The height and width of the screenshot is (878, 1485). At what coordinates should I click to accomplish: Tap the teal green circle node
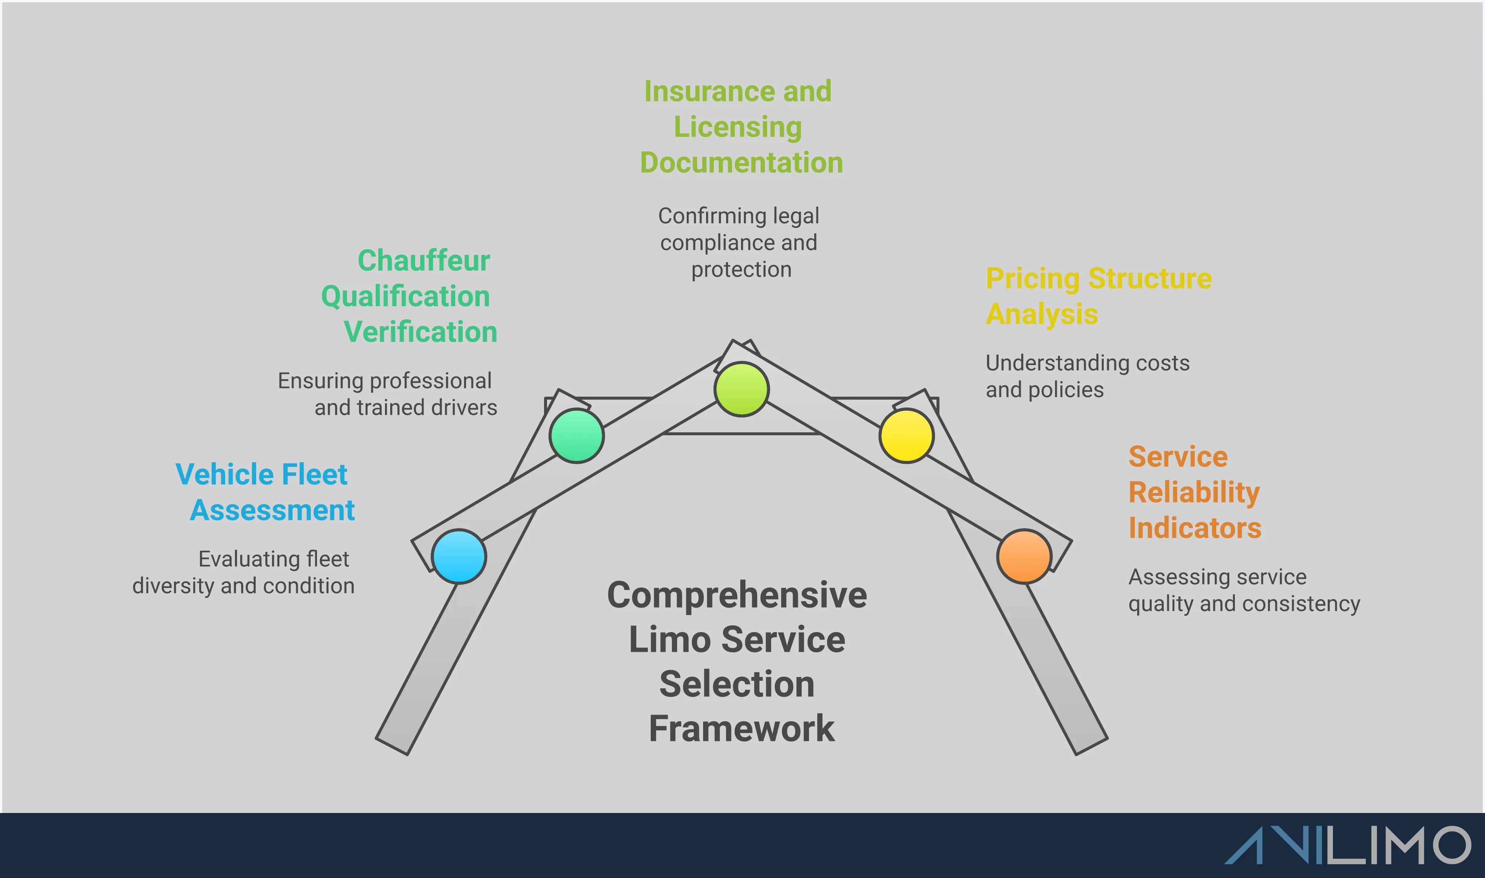pyautogui.click(x=576, y=435)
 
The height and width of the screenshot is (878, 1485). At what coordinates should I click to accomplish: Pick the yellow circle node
pyautogui.click(x=906, y=435)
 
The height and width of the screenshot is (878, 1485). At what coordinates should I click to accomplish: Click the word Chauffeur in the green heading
pyautogui.click(x=424, y=260)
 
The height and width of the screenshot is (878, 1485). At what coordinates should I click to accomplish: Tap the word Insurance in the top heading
pyautogui.click(x=708, y=92)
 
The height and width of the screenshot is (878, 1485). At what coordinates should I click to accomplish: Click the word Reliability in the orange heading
pyautogui.click(x=1194, y=492)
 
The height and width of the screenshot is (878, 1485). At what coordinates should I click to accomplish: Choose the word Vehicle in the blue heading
pyautogui.click(x=224, y=475)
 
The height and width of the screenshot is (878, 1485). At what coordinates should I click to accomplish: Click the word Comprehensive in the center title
pyautogui.click(x=737, y=595)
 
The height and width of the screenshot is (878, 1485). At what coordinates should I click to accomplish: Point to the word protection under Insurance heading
pyautogui.click(x=741, y=270)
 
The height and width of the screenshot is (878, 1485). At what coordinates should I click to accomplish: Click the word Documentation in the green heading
pyautogui.click(x=741, y=163)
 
